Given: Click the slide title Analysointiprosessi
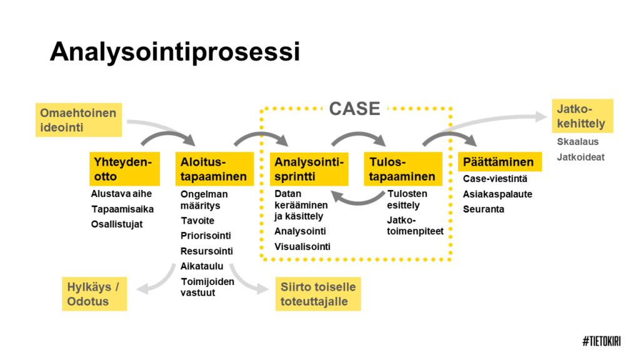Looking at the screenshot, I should (x=175, y=52).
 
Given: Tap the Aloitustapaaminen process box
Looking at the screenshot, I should (x=214, y=169).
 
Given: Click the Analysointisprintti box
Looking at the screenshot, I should (x=309, y=169).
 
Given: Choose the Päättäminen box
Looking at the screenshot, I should (x=498, y=162).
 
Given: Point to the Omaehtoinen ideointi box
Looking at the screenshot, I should (x=79, y=120).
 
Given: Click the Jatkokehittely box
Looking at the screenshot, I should (x=581, y=116).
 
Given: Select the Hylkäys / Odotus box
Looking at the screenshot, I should (x=94, y=294).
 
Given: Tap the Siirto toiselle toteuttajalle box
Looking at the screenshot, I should (x=318, y=294).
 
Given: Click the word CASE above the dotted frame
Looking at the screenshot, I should (x=354, y=109).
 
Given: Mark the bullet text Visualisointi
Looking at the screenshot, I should (x=302, y=247).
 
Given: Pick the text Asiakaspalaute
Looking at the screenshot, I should (x=497, y=194).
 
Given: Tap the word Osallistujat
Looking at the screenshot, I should (x=117, y=224).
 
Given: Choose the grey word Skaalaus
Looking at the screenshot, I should (x=577, y=142).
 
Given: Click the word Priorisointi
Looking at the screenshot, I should (x=206, y=236).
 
